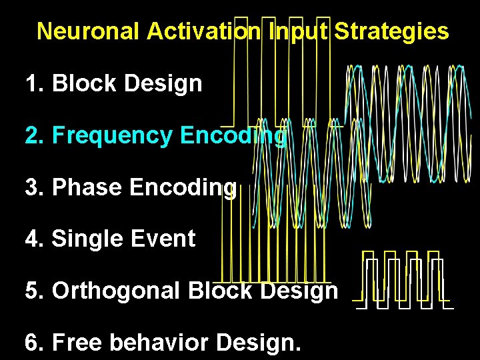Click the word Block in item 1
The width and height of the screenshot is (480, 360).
click(x=85, y=84)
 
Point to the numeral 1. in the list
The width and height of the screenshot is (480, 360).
click(x=34, y=84)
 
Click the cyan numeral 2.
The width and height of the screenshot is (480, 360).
click(x=34, y=136)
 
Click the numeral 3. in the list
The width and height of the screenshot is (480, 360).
click(x=34, y=188)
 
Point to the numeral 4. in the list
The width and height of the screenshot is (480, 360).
click(x=34, y=239)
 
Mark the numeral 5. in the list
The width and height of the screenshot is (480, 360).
click(x=34, y=291)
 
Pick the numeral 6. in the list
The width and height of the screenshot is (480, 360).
click(x=34, y=343)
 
